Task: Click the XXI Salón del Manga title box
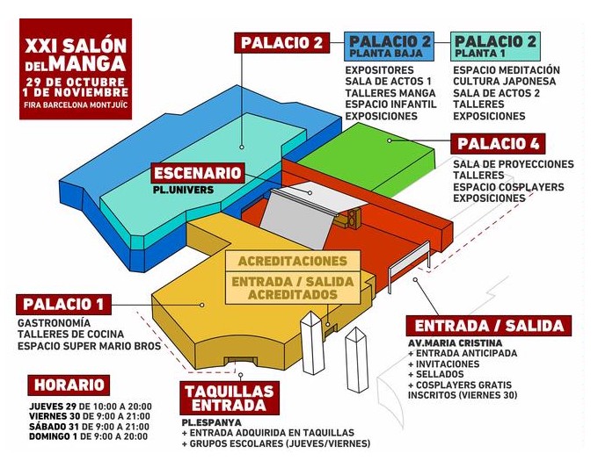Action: pos(76,68)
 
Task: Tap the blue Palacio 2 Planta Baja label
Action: pos(389,47)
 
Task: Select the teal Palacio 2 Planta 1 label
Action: pos(495,47)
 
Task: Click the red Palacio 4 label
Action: pos(498,143)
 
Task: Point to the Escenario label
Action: pos(198,173)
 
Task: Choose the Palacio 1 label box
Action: pos(63,305)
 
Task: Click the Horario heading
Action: pos(69,385)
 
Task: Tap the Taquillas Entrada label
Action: pos(230,398)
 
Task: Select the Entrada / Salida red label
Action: pos(489,326)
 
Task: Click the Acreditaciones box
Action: pos(293,262)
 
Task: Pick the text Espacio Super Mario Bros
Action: pos(89,346)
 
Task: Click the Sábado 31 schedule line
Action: pos(89,427)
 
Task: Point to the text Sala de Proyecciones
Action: pos(514,164)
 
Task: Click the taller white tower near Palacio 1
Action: pos(312,342)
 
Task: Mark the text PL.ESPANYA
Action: pos(212,422)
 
